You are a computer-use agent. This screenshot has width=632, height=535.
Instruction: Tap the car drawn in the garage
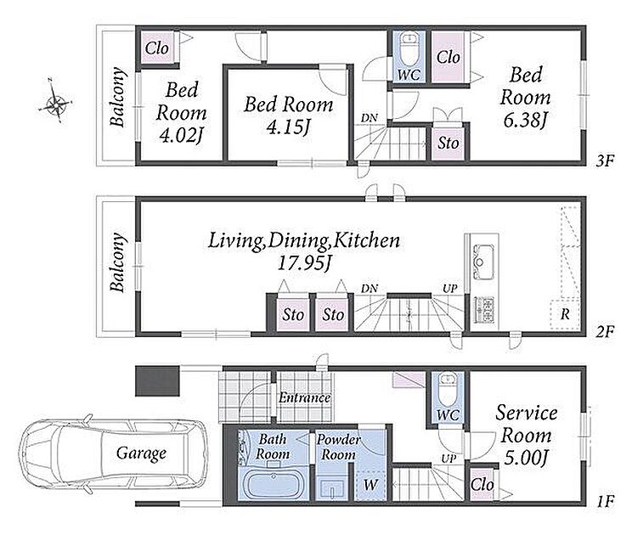[x=114, y=453]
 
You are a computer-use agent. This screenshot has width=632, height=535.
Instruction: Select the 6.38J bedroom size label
[x=525, y=120]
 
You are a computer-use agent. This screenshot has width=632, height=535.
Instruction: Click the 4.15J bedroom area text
[x=288, y=127]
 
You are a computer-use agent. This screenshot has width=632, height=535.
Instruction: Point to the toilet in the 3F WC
[x=409, y=48]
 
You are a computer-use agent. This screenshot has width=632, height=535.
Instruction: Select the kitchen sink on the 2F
[x=483, y=261]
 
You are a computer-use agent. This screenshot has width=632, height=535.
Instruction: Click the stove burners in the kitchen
[x=483, y=309]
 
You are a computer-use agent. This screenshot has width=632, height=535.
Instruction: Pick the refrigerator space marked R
[x=565, y=314]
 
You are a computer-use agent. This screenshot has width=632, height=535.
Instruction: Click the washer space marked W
[x=370, y=485]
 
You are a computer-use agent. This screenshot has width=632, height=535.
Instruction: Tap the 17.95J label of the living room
[x=305, y=263]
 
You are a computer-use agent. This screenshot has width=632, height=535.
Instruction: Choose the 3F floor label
[x=605, y=161]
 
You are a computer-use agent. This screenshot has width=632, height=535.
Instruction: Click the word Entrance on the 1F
[x=305, y=397]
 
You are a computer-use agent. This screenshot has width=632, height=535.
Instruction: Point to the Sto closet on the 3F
[x=449, y=143]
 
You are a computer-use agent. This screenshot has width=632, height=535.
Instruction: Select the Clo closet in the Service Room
[x=482, y=485]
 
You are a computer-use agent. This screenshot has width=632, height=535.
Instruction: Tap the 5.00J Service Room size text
[x=525, y=458]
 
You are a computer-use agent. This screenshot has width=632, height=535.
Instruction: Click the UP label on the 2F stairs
[x=450, y=289]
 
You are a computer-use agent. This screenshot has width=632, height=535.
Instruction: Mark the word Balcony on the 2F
[x=117, y=262]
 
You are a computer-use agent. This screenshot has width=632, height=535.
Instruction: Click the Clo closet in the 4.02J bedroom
[x=157, y=48]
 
